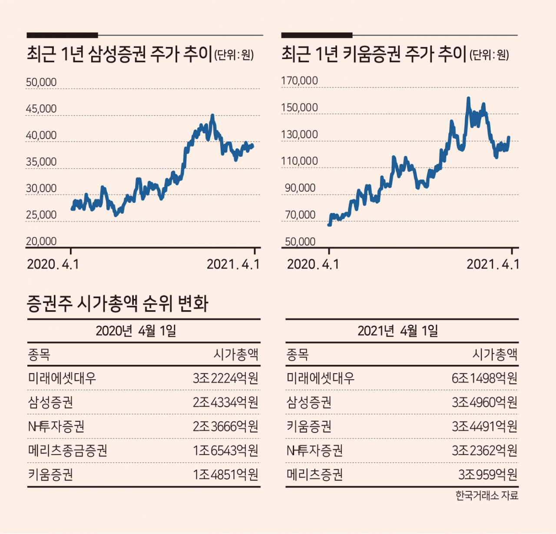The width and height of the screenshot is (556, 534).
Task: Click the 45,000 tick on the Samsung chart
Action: (41, 109)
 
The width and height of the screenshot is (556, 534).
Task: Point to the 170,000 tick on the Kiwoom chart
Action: (299, 81)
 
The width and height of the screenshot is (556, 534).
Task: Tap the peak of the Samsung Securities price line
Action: (212, 116)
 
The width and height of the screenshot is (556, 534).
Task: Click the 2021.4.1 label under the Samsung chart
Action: (233, 264)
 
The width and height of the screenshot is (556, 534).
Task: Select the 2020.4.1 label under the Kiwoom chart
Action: (313, 264)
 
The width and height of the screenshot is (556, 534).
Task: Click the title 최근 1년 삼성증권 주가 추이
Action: (119, 54)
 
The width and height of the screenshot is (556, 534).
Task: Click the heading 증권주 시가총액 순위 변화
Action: (118, 304)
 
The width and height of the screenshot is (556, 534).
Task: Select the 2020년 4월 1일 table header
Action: (136, 331)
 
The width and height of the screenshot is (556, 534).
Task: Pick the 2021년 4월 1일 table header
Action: (398, 331)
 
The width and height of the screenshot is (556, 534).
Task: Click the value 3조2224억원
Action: (225, 378)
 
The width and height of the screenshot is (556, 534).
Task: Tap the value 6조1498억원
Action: (484, 378)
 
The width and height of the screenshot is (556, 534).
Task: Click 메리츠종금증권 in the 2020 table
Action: (68, 451)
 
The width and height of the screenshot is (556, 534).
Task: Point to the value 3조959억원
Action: (488, 474)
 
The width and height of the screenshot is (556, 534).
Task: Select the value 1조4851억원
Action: (225, 474)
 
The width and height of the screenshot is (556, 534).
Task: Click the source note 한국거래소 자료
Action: (487, 496)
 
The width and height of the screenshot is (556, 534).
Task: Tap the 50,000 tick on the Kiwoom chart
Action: (300, 242)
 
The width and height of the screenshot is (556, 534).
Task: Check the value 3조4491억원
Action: (484, 427)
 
